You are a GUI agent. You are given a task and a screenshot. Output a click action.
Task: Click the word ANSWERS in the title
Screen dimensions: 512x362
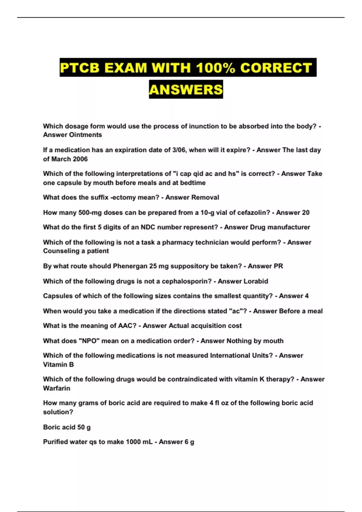pos(186,89)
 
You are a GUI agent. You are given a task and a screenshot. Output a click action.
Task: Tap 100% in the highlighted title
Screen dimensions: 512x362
pos(216,67)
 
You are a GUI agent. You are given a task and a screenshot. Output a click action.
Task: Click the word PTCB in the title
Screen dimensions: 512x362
pos(80,67)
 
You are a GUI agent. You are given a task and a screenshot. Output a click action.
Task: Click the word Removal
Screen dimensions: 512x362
pos(205,198)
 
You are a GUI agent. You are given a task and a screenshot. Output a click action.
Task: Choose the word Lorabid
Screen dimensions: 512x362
pos(256,281)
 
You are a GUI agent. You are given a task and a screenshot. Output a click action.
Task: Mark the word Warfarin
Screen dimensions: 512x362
pos(57,389)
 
